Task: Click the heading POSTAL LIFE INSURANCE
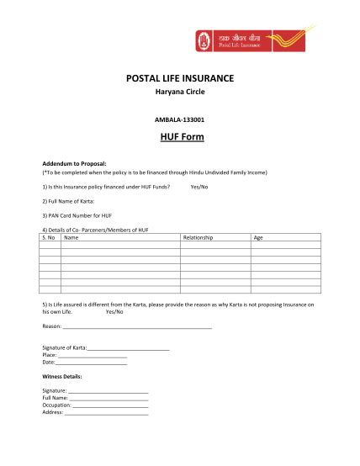pyautogui.click(x=180, y=78)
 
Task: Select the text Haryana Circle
pyautogui.click(x=180, y=93)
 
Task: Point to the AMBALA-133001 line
pyautogui.click(x=180, y=119)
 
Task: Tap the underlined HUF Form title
pyautogui.click(x=180, y=136)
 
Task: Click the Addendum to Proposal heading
pyautogui.click(x=74, y=162)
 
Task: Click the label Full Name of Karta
pyautogui.click(x=68, y=202)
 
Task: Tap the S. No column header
pyautogui.click(x=49, y=237)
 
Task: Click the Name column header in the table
pyautogui.click(x=71, y=237)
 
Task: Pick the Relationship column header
pyautogui.click(x=199, y=237)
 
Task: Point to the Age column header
pyautogui.click(x=258, y=237)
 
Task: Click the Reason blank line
pyautogui.click(x=137, y=326)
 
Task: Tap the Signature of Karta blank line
pyautogui.click(x=128, y=347)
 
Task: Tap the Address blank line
pyautogui.click(x=106, y=413)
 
